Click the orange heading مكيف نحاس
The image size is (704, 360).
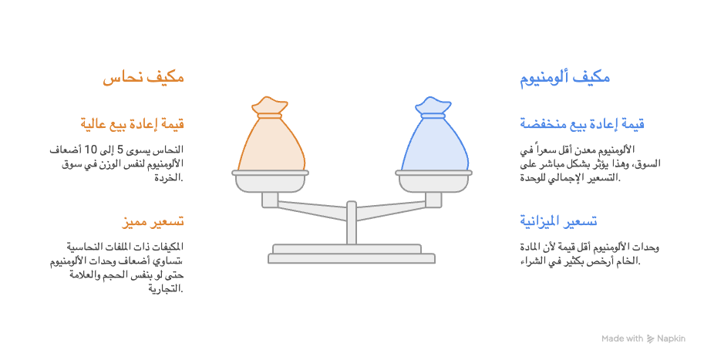click(143, 77)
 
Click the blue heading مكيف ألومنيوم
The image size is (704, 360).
click(564, 77)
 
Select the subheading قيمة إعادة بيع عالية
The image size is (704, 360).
click(133, 123)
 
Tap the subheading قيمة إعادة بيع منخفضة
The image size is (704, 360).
click(582, 123)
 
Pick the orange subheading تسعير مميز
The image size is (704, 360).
click(153, 221)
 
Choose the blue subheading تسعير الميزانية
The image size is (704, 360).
click(558, 220)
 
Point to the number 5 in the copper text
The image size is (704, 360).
click(120, 150)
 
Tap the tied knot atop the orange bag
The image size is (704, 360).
click(269, 107)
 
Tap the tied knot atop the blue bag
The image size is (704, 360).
click(433, 107)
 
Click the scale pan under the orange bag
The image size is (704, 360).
click(271, 181)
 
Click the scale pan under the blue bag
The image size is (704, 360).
click(433, 181)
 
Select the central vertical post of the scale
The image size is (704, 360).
click(352, 223)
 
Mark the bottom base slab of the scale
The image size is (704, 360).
click(352, 258)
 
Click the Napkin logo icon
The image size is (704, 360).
click(651, 339)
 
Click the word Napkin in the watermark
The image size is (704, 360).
click(671, 339)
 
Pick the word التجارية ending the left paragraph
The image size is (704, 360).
click(166, 288)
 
